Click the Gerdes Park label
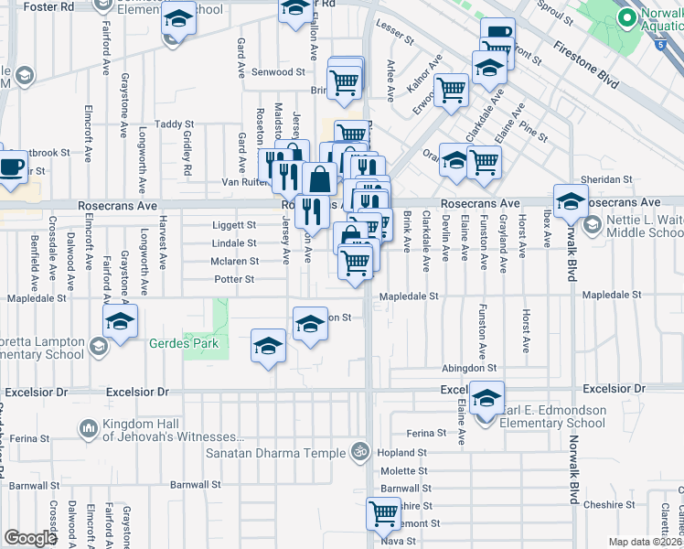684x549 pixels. click(x=184, y=344)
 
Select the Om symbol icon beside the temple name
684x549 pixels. click(x=361, y=451)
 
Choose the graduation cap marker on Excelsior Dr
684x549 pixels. click(x=487, y=396)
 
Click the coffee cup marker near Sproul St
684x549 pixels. click(x=497, y=34)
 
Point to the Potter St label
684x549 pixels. click(x=234, y=279)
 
